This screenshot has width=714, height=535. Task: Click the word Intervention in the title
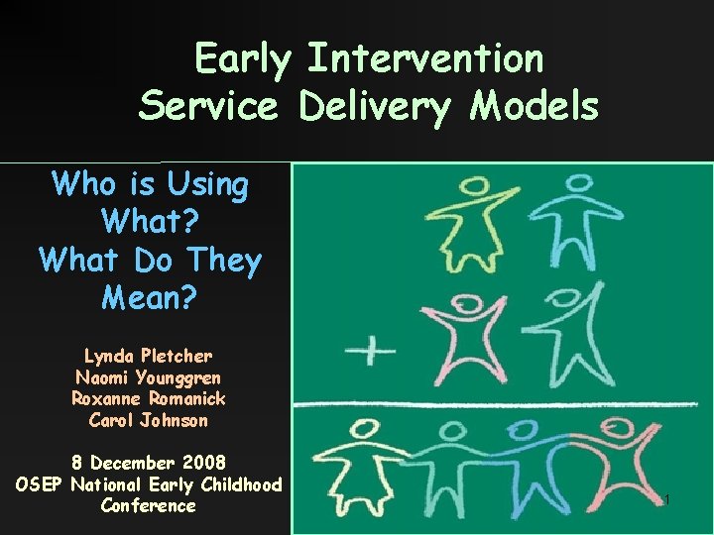pyautogui.click(x=425, y=59)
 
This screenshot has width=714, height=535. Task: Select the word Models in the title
pyautogui.click(x=535, y=106)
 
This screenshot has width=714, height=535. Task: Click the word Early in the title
pyautogui.click(x=244, y=59)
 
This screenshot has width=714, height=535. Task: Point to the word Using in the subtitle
pyautogui.click(x=208, y=184)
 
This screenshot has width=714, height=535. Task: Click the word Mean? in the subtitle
pyautogui.click(x=150, y=296)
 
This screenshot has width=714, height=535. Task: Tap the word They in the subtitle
pyautogui.click(x=223, y=261)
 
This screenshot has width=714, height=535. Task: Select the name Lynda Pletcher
pyautogui.click(x=148, y=356)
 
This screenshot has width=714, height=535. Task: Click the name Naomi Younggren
pyautogui.click(x=148, y=377)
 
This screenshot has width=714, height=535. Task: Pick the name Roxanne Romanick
pyautogui.click(x=148, y=398)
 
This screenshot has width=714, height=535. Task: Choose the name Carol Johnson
pyautogui.click(x=148, y=420)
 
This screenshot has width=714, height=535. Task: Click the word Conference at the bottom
pyautogui.click(x=148, y=506)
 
